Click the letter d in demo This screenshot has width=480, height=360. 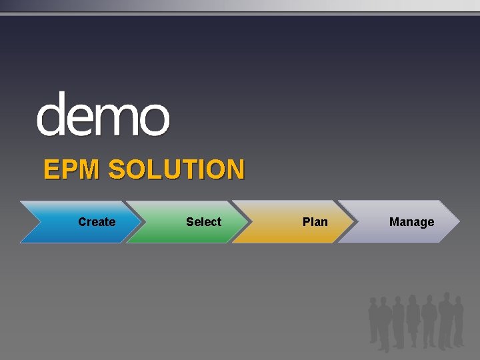51,115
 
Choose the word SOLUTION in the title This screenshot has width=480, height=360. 176,170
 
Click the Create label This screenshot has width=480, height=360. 97,222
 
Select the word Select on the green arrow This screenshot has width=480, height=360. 203,222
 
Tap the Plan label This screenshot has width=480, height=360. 315,222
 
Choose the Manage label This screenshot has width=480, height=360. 411,222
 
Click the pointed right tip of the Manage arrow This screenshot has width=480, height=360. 459,221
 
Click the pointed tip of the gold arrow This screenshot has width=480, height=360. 353,221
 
